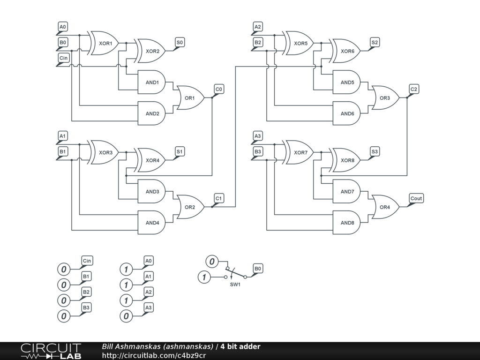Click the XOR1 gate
[x=105, y=43]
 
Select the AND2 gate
[x=151, y=113]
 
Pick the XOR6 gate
[x=346, y=51]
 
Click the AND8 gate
[x=346, y=223]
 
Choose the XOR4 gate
[x=151, y=160]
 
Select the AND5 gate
[x=346, y=82]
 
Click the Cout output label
[x=416, y=198]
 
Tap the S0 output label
[x=180, y=42]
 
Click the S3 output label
[x=375, y=151]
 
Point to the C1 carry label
[x=218, y=198]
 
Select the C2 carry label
[x=413, y=89]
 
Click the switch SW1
[x=236, y=274]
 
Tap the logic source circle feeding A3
[x=125, y=316]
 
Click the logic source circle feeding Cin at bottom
[x=63, y=270]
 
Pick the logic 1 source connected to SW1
[x=204, y=277]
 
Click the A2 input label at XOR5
[x=257, y=27]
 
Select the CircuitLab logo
[x=51, y=351]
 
